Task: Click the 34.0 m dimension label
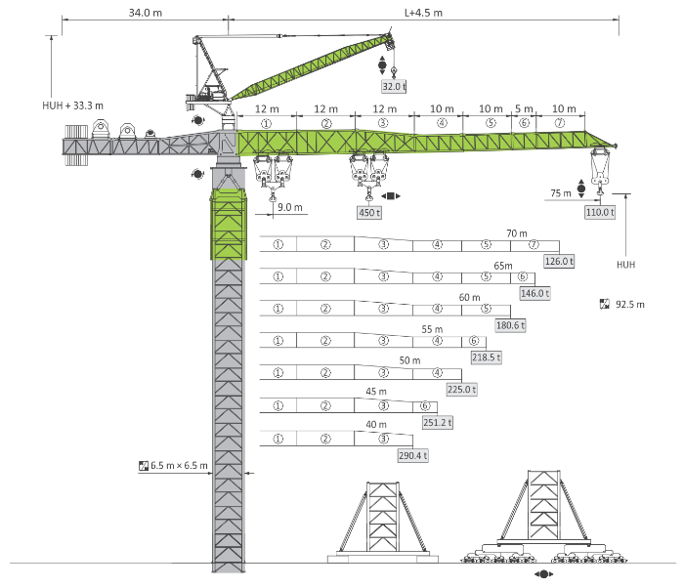tap(146, 13)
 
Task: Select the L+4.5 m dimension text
tap(423, 13)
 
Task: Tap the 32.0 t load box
tap(394, 86)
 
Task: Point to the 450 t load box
tap(369, 212)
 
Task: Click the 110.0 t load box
tap(600, 212)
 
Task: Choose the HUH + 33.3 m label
tap(73, 105)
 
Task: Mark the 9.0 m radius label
tap(289, 207)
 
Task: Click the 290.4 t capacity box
tap(413, 456)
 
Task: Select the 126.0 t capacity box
tap(559, 262)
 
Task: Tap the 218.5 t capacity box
tap(486, 357)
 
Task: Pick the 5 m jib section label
tap(524, 108)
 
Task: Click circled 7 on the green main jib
tap(560, 123)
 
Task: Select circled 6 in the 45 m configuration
tap(425, 405)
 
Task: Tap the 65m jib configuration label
tap(503, 266)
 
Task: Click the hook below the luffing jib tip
tap(394, 70)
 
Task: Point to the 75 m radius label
tap(561, 193)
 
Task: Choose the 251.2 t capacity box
tap(438, 422)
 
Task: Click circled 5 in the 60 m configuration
tap(486, 309)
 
